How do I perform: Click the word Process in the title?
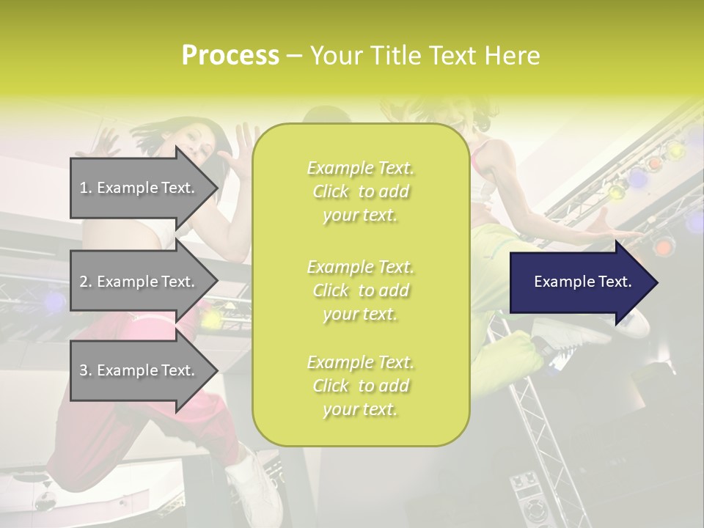pyautogui.click(x=230, y=56)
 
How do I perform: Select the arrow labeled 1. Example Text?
pyautogui.click(x=139, y=188)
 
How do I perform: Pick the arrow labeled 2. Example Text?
pyautogui.click(x=139, y=282)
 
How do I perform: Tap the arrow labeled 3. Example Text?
pyautogui.click(x=139, y=371)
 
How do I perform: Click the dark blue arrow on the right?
pyautogui.click(x=579, y=282)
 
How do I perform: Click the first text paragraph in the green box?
pyautogui.click(x=360, y=191)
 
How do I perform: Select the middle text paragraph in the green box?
pyautogui.click(x=360, y=290)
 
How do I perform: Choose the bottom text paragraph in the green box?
pyautogui.click(x=360, y=386)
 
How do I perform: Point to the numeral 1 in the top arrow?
pyautogui.click(x=84, y=188)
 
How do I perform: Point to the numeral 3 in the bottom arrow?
pyautogui.click(x=84, y=371)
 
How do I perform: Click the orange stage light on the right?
pyautogui.click(x=663, y=248)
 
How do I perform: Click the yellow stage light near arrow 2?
pyautogui.click(x=211, y=320)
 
